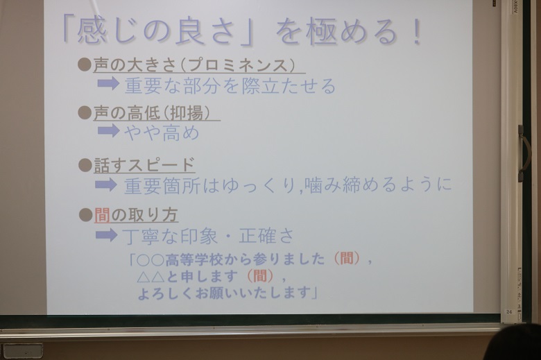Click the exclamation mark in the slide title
tap(417, 32)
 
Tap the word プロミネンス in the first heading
tap(238, 65)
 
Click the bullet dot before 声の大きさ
tap(85, 65)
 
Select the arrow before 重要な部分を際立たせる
tap(108, 83)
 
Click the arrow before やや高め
tap(108, 131)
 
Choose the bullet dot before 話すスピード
tap(85, 165)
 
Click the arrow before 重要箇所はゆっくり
tap(106, 185)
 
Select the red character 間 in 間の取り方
tap(102, 215)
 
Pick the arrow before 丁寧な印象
tap(106, 235)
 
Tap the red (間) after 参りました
tap(346, 259)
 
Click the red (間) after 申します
tap(260, 276)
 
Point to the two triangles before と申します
tap(151, 277)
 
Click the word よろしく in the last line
tap(165, 293)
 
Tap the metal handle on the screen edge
tap(524, 153)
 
